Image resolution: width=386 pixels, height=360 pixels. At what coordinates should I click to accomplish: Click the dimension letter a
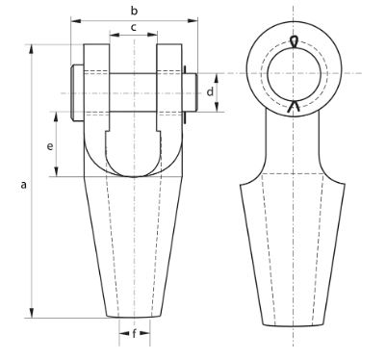[23, 185]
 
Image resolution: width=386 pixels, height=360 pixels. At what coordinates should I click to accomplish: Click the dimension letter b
[134, 11]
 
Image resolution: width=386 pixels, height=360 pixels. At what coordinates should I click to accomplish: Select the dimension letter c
[134, 27]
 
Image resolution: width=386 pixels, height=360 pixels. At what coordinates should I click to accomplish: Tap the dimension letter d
[210, 92]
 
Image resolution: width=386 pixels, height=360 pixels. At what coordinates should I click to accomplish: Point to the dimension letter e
[50, 146]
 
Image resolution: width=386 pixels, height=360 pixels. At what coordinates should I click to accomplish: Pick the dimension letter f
[134, 333]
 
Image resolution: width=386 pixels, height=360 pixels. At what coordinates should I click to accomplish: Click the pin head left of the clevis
[77, 93]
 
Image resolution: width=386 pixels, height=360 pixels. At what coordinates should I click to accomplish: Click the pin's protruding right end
[192, 92]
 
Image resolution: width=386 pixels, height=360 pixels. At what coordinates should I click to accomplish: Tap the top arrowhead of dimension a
[32, 50]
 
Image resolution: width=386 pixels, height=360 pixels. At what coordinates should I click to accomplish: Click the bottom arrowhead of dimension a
[32, 313]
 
